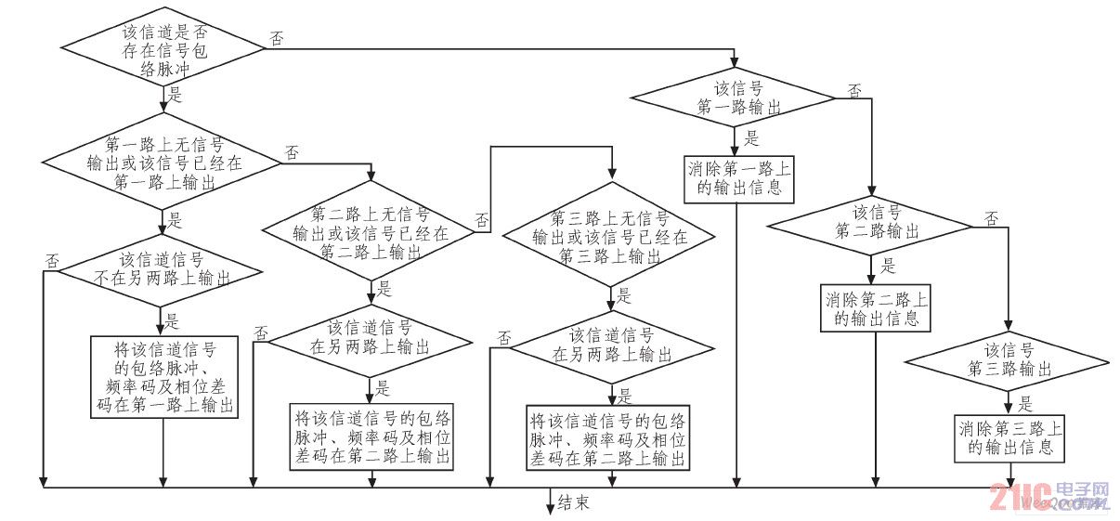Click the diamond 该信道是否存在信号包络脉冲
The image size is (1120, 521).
pos(164,44)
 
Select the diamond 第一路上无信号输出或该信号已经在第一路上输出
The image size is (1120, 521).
pos(164,163)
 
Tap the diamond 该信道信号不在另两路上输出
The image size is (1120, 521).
pos(163,268)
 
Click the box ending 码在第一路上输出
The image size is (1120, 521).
pos(163,378)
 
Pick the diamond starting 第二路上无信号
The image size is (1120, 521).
pos(371,230)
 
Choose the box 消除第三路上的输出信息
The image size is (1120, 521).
pos(1009,438)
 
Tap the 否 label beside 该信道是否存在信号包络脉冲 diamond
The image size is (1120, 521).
pos(277,39)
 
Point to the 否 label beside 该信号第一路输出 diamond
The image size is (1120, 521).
pos(854,90)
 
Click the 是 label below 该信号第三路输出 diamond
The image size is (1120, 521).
pos(1024,404)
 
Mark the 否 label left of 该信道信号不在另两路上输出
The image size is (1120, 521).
pos(52,261)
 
